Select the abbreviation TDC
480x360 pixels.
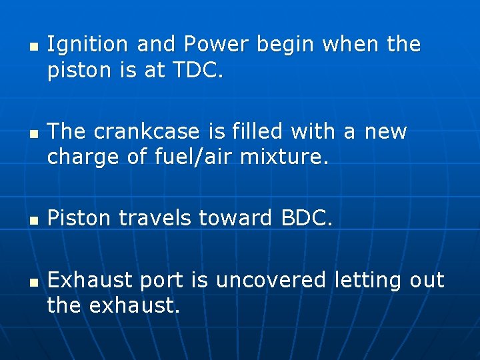pos(194,71)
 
